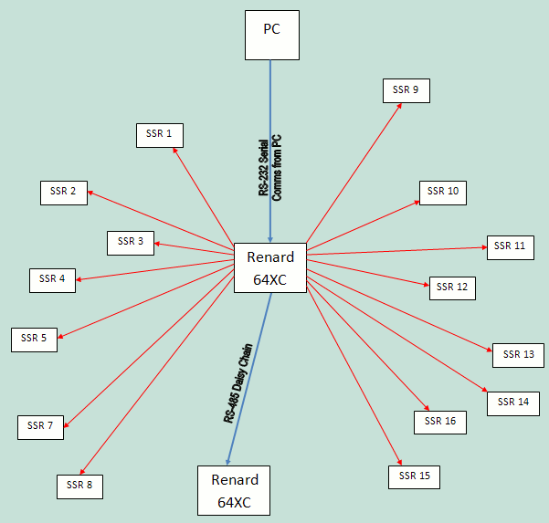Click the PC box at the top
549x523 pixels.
click(272, 35)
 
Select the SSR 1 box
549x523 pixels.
click(160, 135)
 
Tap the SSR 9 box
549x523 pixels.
click(406, 90)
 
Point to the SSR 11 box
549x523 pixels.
click(511, 247)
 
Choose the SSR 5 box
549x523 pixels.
click(34, 340)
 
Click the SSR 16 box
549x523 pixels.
click(440, 423)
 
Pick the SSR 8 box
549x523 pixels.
click(79, 486)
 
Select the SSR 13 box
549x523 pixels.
click(518, 355)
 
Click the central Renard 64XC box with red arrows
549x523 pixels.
click(270, 268)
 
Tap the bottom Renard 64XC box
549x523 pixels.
click(234, 490)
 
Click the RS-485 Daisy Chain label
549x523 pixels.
click(238, 383)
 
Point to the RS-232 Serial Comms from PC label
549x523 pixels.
click(270, 168)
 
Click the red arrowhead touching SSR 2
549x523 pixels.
click(90, 193)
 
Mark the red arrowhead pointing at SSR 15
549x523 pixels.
click(400, 463)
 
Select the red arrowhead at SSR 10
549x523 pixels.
click(417, 203)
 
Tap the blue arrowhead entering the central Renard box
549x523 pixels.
click(270, 240)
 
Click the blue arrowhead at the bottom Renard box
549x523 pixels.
click(228, 462)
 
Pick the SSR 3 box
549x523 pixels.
click(131, 243)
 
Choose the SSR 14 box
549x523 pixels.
click(513, 403)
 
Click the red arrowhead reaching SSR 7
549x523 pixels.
click(66, 425)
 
